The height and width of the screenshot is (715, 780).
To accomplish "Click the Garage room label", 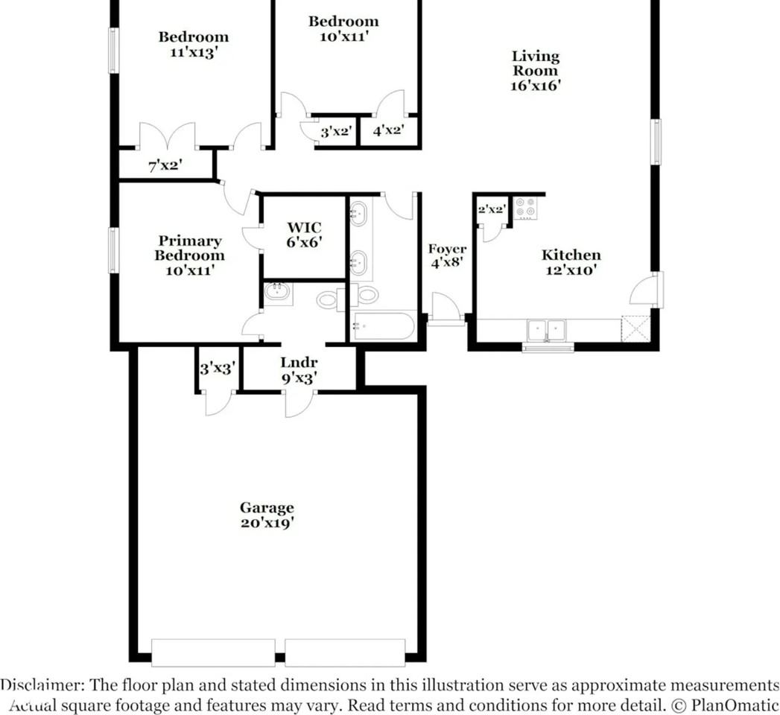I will click(266, 515).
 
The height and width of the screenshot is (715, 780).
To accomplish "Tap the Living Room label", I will click(535, 71).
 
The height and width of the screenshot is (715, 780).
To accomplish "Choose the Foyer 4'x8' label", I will click(447, 256).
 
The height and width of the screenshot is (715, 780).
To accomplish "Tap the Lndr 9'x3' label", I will click(299, 370).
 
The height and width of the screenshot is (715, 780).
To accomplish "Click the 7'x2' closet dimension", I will click(165, 165).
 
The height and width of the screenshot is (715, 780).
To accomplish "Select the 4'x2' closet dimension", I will click(388, 131).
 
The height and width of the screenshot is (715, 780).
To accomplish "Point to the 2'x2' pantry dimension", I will click(492, 210).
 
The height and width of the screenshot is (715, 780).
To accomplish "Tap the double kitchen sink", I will click(546, 330).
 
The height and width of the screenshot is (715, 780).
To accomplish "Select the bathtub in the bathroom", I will click(384, 326).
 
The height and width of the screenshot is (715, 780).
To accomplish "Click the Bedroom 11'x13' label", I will click(193, 44).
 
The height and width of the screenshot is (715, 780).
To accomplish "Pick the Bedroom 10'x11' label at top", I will click(343, 28).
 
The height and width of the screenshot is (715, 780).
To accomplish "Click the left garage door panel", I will click(212, 652).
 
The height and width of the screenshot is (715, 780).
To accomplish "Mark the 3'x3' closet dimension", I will click(218, 367).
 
